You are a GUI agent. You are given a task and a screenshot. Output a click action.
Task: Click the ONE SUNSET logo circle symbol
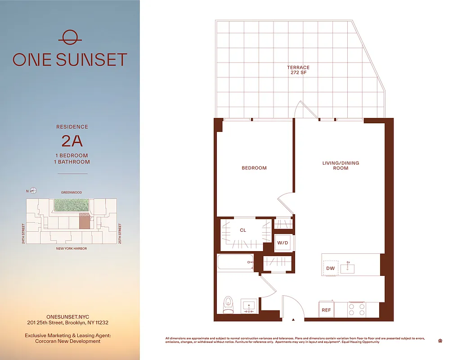click(70, 37)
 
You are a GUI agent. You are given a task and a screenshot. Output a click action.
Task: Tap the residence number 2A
click(72, 141)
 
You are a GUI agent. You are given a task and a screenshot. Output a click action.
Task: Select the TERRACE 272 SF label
click(298, 70)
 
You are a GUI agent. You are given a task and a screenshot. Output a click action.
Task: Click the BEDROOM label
click(254, 168)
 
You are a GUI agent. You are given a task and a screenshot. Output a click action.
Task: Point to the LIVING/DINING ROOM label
click(341, 165)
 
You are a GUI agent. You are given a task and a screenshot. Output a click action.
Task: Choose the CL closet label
click(243, 230)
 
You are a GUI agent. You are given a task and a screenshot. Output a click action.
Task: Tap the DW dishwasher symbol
click(331, 269)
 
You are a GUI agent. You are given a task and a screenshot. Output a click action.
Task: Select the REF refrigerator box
click(327, 310)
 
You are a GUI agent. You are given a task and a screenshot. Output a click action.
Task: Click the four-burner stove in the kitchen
click(357, 310)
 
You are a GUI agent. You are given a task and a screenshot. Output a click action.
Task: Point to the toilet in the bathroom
click(229, 305)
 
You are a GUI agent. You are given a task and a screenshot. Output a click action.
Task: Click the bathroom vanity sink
click(248, 306)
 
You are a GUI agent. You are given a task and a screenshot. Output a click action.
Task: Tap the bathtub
click(236, 262)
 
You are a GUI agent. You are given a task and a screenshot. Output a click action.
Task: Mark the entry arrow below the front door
click(293, 320)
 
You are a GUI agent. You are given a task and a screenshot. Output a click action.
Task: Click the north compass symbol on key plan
click(33, 191)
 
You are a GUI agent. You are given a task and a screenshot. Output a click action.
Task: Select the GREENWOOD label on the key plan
click(72, 193)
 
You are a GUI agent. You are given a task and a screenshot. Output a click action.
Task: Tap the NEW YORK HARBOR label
click(72, 248)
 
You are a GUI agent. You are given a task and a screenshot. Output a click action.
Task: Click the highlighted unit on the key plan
click(84, 222)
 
